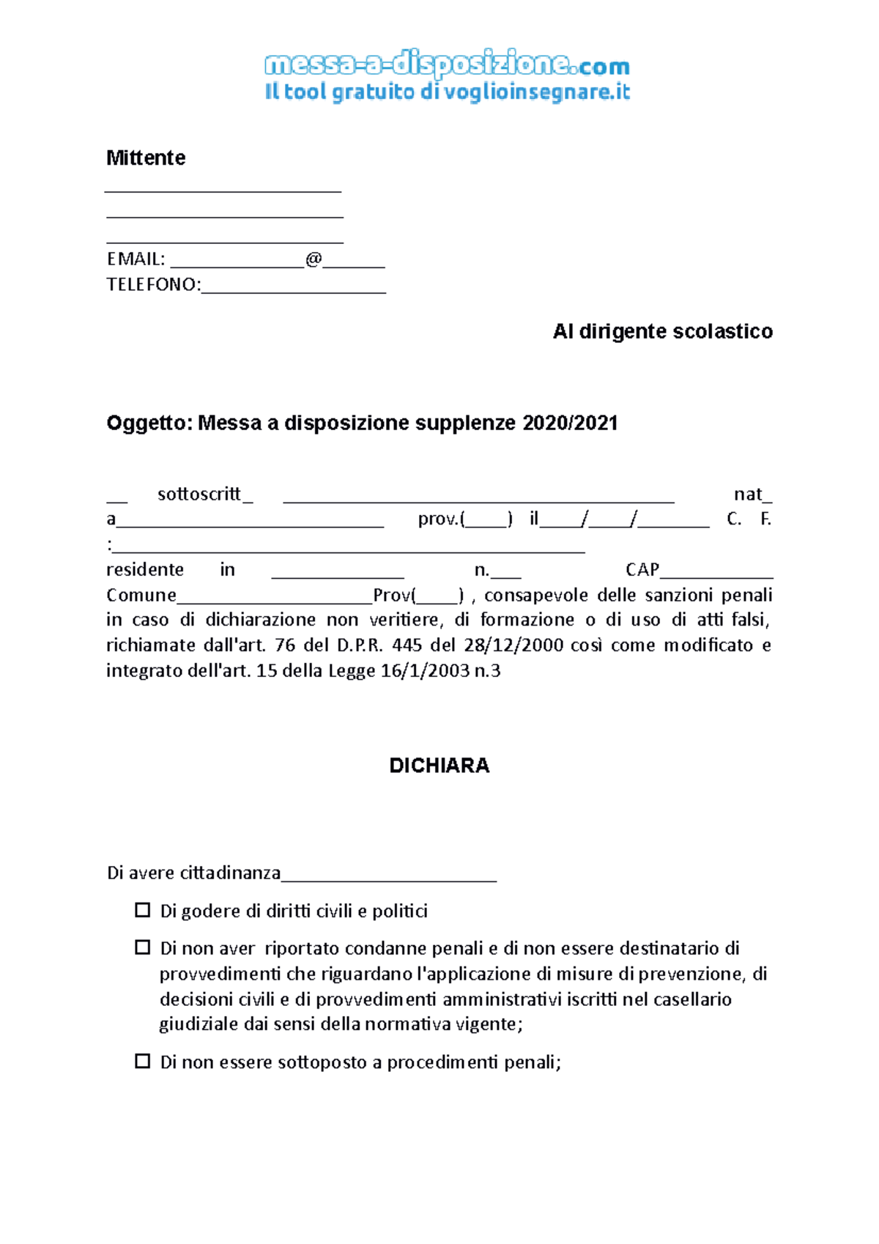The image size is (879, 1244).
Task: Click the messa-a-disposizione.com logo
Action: click(x=447, y=65)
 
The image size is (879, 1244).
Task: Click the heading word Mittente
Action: click(x=146, y=158)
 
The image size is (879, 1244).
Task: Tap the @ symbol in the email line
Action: click(x=314, y=259)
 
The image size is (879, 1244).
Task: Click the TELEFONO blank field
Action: click(x=293, y=286)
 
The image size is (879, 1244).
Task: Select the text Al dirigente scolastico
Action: click(x=662, y=332)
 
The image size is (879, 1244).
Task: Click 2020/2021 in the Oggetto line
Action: click(x=571, y=423)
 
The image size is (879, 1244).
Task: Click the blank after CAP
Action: click(x=716, y=571)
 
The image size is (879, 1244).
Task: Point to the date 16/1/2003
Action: click(x=425, y=671)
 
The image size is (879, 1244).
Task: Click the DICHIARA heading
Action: click(x=439, y=766)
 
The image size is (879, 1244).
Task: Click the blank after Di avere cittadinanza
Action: click(x=389, y=874)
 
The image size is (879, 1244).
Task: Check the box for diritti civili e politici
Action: click(x=143, y=911)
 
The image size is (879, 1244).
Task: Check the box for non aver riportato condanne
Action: click(x=143, y=948)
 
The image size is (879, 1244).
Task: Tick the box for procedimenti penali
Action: click(x=143, y=1062)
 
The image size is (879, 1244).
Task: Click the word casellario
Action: click(x=692, y=1000)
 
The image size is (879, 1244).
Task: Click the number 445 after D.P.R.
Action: click(x=407, y=645)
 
